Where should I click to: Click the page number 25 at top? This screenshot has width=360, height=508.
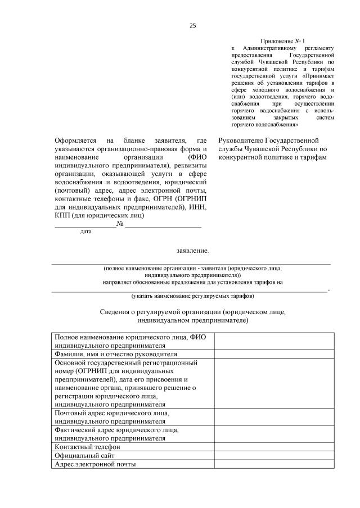[192, 25]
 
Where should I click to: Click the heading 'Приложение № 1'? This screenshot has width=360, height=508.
[282, 42]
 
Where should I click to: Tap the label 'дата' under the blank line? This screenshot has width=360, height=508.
[86, 231]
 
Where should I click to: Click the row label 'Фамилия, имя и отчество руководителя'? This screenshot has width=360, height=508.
[116, 354]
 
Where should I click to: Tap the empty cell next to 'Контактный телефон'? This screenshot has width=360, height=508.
[274, 446]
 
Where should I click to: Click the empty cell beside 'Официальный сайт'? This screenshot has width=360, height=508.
[274, 455]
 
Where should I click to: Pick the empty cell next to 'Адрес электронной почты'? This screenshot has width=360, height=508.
[274, 464]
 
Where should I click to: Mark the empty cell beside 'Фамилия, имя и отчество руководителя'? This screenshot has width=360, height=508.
[274, 354]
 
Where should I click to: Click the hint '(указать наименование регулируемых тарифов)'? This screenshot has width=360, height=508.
[192, 295]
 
